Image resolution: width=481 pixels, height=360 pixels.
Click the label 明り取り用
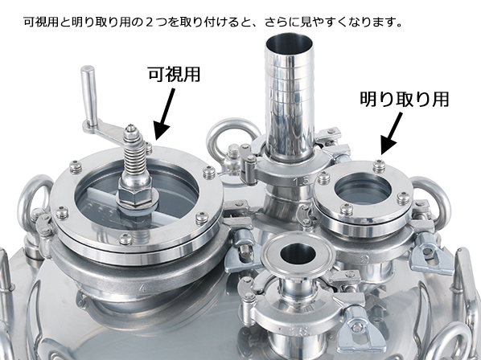403,100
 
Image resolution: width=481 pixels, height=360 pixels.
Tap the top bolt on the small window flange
379,166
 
